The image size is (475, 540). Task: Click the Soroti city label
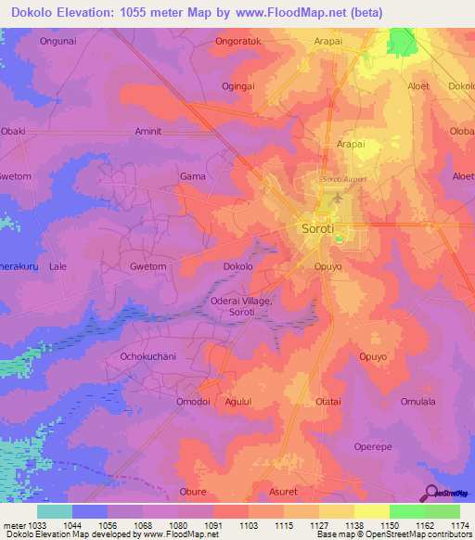coord(318,227)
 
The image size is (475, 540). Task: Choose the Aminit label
coord(148,131)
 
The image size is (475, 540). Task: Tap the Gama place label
coord(192,175)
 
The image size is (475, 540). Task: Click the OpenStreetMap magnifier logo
coord(431,493)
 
